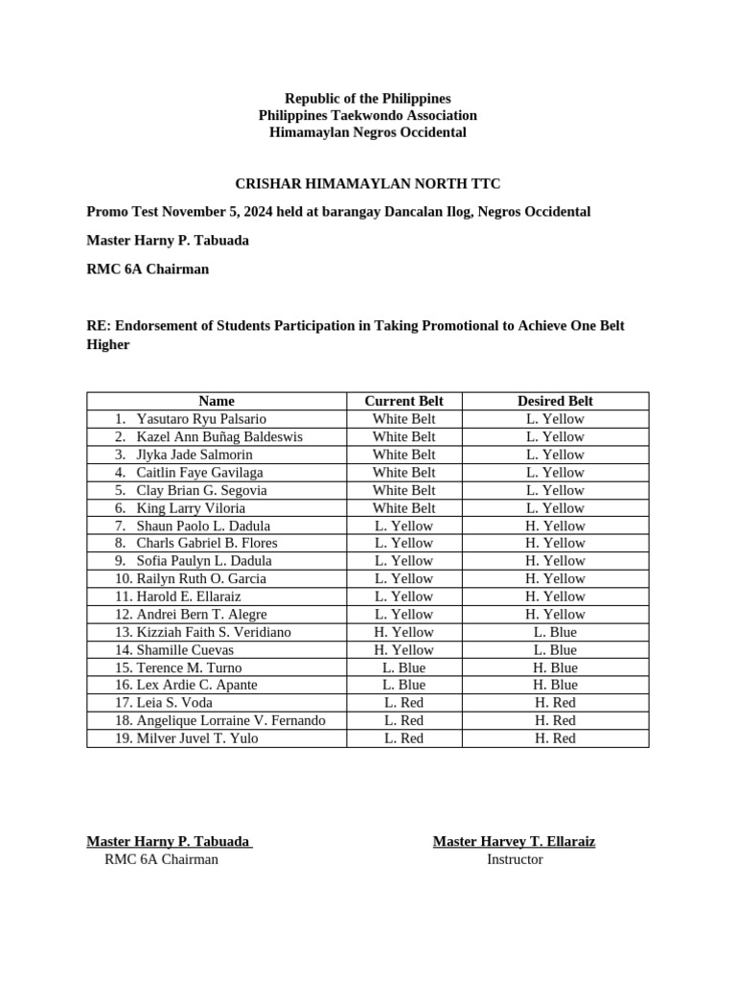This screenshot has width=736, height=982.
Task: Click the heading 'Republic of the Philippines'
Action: [x=367, y=99]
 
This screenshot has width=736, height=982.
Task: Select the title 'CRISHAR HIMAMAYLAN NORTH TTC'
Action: [x=368, y=183]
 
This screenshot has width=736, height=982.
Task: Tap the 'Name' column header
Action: [x=217, y=401]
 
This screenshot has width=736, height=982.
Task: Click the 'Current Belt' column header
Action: [x=403, y=401]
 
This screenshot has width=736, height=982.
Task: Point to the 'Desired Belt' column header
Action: [x=555, y=401]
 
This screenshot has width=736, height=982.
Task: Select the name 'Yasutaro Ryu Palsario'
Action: [x=201, y=419]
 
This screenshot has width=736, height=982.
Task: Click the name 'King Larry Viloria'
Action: [x=191, y=508]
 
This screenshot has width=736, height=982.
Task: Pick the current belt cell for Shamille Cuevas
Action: [x=403, y=650]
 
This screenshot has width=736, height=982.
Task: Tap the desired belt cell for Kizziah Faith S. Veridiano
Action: [x=555, y=632]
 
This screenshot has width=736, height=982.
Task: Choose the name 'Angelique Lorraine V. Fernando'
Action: [x=231, y=720]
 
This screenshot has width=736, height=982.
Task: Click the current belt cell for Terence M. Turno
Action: [x=403, y=667]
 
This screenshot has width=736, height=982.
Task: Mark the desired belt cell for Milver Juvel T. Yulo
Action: [x=555, y=738]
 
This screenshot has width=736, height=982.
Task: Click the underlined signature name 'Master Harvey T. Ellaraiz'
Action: [x=514, y=841]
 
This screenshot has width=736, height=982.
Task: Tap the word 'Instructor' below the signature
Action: [x=515, y=859]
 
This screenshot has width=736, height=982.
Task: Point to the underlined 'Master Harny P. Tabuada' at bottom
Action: [x=168, y=841]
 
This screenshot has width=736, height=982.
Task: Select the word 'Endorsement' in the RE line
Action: [x=150, y=325]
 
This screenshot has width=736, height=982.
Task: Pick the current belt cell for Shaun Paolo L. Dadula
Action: [x=403, y=526]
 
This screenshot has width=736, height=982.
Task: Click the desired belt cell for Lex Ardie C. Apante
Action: [x=555, y=685]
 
